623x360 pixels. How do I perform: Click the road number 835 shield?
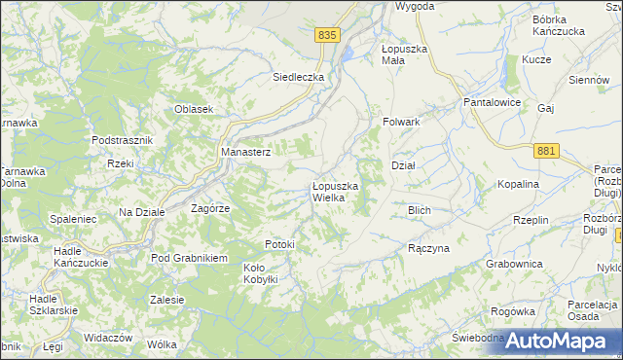pyautogui.click(x=327, y=34)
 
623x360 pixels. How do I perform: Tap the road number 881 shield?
pyautogui.click(x=546, y=150)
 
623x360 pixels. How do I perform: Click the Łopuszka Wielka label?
pyautogui.click(x=335, y=192)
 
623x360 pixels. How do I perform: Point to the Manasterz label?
pyautogui.click(x=246, y=152)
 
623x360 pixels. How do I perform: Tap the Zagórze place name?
pyautogui.click(x=209, y=208)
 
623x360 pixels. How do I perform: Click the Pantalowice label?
pyautogui.click(x=494, y=102)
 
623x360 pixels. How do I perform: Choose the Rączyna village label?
pyautogui.click(x=428, y=248)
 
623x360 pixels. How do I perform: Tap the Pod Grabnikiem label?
pyautogui.click(x=189, y=258)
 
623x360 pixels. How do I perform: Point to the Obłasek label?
pyautogui.click(x=194, y=109)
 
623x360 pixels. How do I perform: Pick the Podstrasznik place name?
pyautogui.click(x=123, y=140)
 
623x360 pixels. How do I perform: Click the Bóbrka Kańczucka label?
pyautogui.click(x=557, y=25)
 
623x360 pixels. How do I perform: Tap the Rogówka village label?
pyautogui.click(x=514, y=311)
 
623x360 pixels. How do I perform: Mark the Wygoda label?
pyautogui.click(x=415, y=6)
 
